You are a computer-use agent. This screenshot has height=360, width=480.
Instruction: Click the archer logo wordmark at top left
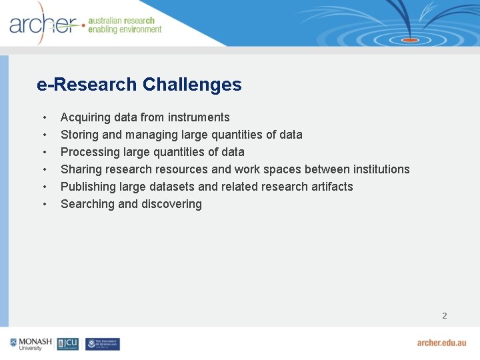(x=43, y=25)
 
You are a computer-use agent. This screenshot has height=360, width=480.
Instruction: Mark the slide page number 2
(x=445, y=315)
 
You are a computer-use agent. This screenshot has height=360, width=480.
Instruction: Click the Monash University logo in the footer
(x=31, y=344)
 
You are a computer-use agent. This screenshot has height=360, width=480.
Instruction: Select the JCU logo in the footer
(x=68, y=344)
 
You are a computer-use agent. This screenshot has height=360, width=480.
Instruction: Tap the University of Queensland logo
(x=103, y=344)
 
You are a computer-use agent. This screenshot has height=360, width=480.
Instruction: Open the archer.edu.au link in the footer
(x=441, y=343)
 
